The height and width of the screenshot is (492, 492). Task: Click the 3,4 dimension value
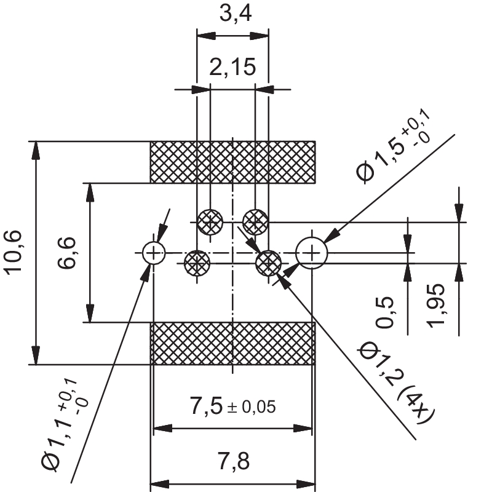(236, 14)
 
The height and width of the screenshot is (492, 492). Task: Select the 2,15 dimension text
(232, 67)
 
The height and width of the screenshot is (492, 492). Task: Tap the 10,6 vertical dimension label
(13, 253)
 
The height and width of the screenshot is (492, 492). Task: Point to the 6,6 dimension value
(66, 253)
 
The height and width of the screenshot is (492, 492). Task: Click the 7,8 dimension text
(234, 461)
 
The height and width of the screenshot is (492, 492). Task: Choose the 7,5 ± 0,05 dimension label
(233, 406)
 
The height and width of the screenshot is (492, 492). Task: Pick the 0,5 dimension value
(385, 312)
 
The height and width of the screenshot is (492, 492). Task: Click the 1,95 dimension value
(437, 306)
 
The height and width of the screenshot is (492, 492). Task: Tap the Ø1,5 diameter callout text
(394, 146)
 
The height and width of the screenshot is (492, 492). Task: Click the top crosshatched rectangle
(233, 162)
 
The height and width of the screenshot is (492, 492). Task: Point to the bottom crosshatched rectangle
(233, 343)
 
